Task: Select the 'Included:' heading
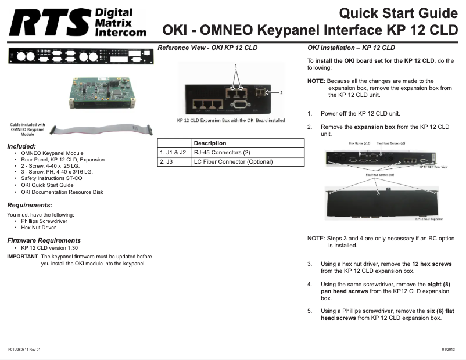[21, 146]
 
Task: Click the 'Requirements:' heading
[30, 205]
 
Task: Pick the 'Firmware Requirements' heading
[44, 240]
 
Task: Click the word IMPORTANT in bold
[22, 257]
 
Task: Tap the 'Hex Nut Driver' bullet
[38, 228]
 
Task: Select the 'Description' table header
[210, 143]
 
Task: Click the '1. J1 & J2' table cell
[173, 153]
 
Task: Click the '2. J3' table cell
[166, 162]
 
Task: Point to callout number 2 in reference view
[281, 92]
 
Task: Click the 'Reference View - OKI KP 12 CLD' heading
[207, 48]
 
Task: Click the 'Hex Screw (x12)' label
[359, 142]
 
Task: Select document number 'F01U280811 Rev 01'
[24, 349]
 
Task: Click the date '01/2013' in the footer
[448, 349]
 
